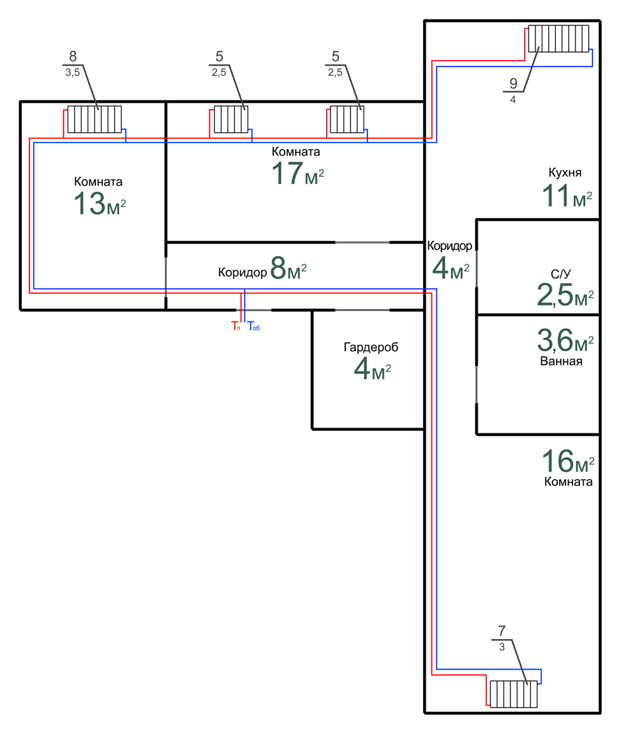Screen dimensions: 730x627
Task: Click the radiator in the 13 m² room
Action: coord(94,119)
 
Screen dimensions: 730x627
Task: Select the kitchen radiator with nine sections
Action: coord(558,38)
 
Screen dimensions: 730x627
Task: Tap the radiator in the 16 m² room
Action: coord(514,694)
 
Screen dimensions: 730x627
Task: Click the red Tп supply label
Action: coord(236,326)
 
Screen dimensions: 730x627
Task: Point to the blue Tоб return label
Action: coord(253,326)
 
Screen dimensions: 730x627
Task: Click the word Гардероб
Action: coord(371,347)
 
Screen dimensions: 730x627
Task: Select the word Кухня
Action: coord(565,172)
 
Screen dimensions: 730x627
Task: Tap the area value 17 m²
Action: coord(298,174)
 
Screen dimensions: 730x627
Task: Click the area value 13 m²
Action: coord(100,204)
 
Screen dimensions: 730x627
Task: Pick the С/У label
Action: coord(561,273)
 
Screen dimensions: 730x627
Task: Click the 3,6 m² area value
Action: coord(565,341)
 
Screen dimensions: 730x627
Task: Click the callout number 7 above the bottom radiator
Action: coord(502,631)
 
